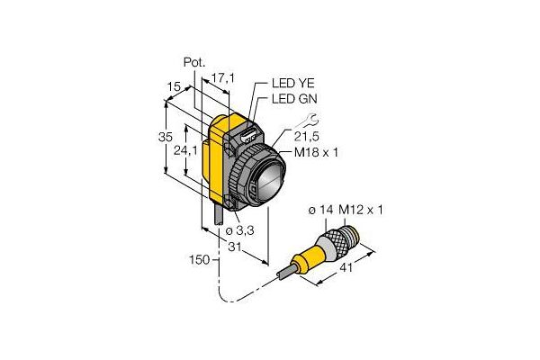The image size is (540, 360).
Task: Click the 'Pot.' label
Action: pos(194,63)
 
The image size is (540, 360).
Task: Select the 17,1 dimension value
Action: pos(222,78)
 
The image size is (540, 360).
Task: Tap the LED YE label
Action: pos(293,83)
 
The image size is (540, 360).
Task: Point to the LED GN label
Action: pos(294,99)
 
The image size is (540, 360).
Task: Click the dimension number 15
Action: pos(175,86)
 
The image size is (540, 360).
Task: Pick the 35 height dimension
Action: pos(166,137)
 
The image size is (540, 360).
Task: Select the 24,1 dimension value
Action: pos(185,150)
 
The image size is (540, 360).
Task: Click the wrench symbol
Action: pos(308,121)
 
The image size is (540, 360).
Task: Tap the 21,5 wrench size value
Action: pos(307,137)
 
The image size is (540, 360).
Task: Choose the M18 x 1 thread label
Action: pos(316,152)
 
